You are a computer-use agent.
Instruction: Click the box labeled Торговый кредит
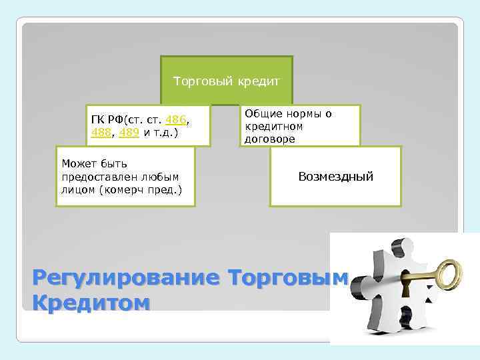tap(227, 81)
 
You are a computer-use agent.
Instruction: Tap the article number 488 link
tap(101, 132)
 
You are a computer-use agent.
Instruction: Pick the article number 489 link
tap(130, 132)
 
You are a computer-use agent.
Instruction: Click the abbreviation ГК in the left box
tap(98, 120)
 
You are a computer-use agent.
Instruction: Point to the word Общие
tap(261, 113)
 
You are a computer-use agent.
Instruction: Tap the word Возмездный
tap(335, 177)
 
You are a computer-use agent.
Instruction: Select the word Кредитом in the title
tap(91, 303)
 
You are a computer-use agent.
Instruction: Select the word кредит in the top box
tap(256, 81)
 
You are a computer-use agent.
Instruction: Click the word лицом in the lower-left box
tap(77, 190)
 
